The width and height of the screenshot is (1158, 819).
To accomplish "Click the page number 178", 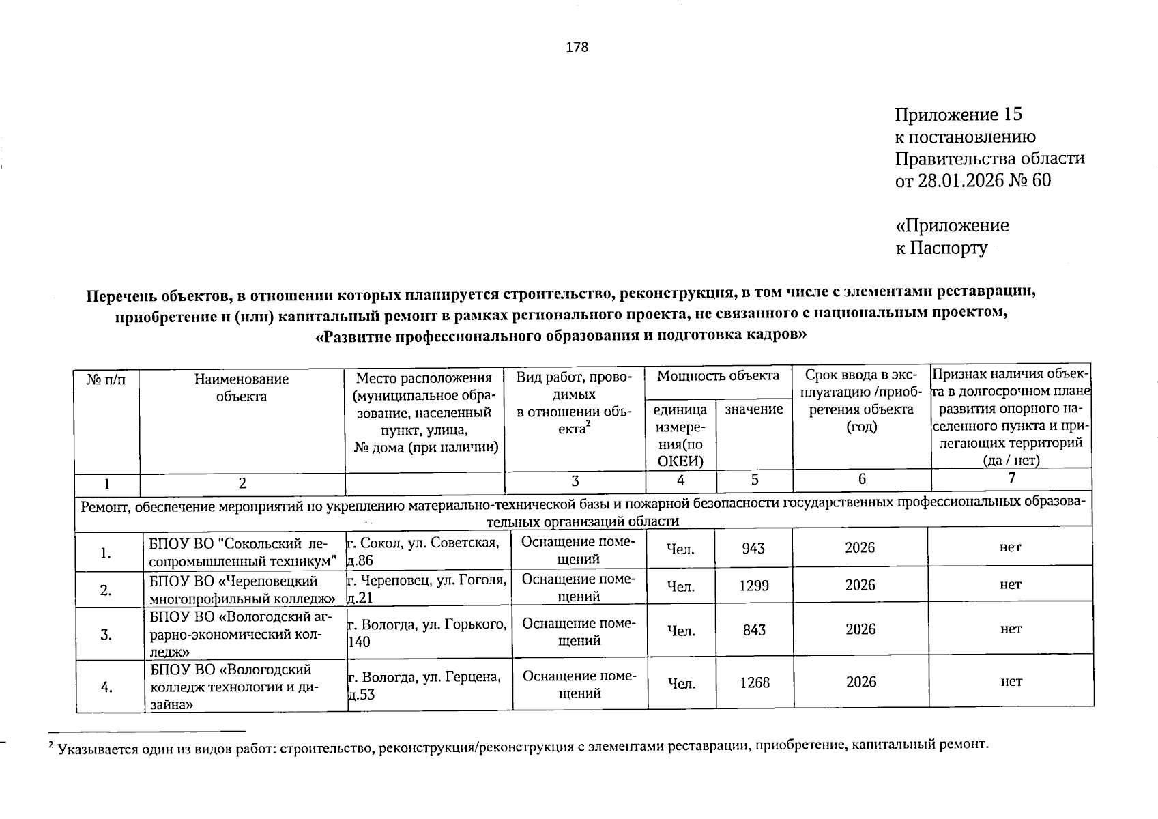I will click(x=577, y=47).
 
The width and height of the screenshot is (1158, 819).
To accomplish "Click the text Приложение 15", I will click(x=958, y=115).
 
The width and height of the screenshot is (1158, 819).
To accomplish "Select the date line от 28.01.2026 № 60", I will click(x=972, y=180).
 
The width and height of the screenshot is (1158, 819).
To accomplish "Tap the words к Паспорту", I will click(x=941, y=248).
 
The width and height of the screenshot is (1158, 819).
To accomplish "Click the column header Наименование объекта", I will click(x=241, y=388).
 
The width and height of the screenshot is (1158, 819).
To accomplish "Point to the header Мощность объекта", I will click(x=718, y=375).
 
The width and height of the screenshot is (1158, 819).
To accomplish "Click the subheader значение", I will click(x=753, y=409).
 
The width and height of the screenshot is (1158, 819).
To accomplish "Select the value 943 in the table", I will click(x=753, y=549).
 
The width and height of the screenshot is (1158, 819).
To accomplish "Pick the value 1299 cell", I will click(x=754, y=586).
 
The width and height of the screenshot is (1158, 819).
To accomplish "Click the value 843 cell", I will click(x=754, y=630).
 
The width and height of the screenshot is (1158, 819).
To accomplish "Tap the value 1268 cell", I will click(x=755, y=682).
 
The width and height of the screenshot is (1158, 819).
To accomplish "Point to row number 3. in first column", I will click(x=106, y=634).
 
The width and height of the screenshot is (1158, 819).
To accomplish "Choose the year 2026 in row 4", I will click(x=860, y=682).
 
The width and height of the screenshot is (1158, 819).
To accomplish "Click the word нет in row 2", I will click(x=1011, y=585).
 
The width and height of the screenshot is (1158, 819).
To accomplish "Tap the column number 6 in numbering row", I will click(x=862, y=479).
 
